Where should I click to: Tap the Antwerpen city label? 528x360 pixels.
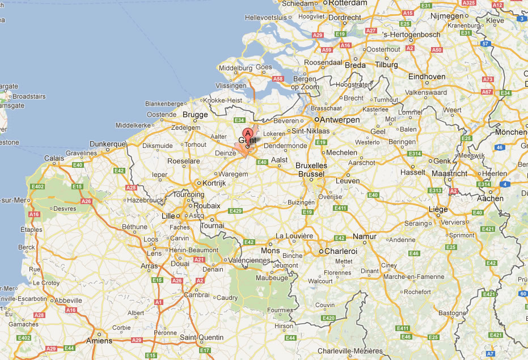point(340,120)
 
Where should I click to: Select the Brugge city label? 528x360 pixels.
point(195,115)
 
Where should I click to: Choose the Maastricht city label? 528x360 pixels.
point(449,173)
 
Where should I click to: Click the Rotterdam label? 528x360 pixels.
point(348,3)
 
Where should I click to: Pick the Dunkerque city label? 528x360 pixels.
point(107,144)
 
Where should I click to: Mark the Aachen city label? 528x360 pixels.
point(490,198)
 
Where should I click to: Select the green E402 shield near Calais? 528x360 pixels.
point(38,186)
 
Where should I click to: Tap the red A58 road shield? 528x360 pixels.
point(277,79)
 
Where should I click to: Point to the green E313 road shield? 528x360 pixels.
point(436,190)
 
